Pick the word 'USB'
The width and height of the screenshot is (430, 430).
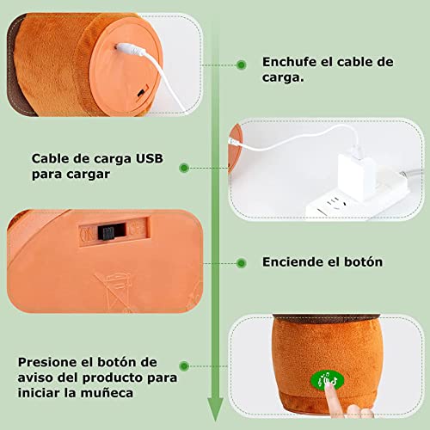145,158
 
